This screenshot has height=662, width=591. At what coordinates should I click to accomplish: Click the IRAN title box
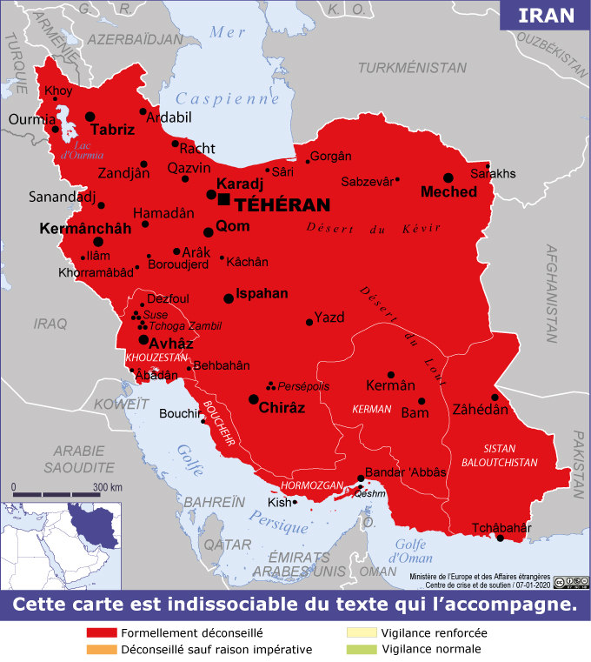(546, 15)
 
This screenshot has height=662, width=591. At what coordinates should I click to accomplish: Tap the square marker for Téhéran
(224, 199)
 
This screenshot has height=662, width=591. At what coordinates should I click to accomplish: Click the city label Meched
(448, 191)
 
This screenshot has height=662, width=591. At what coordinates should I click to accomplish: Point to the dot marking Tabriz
(90, 116)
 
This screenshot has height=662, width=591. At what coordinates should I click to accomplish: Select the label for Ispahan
(262, 293)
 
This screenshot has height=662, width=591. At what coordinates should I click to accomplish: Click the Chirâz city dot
(253, 399)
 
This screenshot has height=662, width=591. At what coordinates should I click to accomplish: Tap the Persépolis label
(304, 386)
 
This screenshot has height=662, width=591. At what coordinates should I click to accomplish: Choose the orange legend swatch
(102, 649)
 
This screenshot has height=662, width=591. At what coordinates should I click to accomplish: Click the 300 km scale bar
(57, 494)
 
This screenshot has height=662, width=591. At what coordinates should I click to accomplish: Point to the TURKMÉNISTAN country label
(412, 67)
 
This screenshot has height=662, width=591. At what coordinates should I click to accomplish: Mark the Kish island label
(279, 503)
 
